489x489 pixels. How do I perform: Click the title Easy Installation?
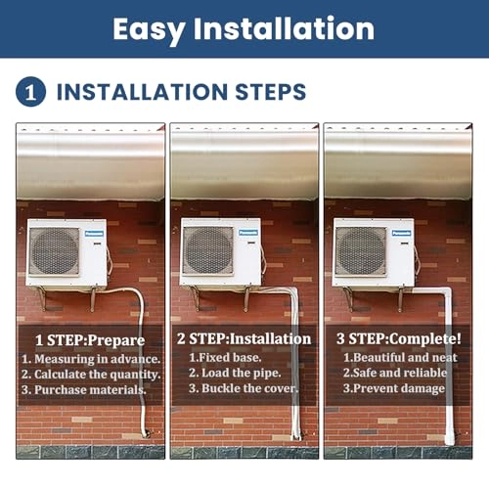point(244,29)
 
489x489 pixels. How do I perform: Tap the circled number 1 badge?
point(31,92)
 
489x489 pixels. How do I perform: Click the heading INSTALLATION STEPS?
point(181,93)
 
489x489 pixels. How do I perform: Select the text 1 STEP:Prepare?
point(90,340)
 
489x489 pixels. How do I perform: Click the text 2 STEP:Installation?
point(244,339)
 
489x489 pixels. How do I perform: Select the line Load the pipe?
point(236,372)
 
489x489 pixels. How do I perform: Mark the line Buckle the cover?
point(243,388)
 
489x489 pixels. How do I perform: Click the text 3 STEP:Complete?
point(398,339)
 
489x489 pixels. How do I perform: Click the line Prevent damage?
point(395,388)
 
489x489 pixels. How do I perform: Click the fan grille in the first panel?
point(54,251)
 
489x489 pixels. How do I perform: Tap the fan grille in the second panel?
point(207,250)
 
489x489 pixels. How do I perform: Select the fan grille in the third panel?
point(361,250)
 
